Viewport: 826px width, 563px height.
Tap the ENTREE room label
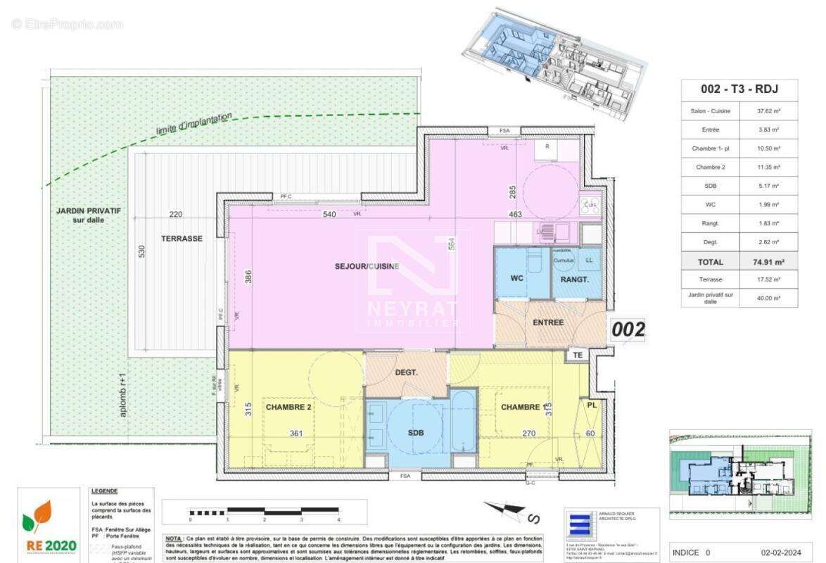[x=549, y=322]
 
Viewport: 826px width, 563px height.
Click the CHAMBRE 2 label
[x=288, y=407]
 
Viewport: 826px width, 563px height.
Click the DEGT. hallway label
[x=406, y=372]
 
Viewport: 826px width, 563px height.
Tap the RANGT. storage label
[x=575, y=279]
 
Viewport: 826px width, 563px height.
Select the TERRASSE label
[x=182, y=239]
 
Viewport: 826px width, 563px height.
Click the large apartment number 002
[x=628, y=329]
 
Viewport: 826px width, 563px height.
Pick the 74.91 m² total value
[x=768, y=262]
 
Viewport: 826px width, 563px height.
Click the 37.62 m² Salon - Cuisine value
[x=768, y=110]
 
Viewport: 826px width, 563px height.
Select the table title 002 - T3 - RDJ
[x=739, y=89]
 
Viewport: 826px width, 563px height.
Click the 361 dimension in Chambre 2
[x=296, y=434]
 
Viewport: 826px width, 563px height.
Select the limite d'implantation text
[x=194, y=125]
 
